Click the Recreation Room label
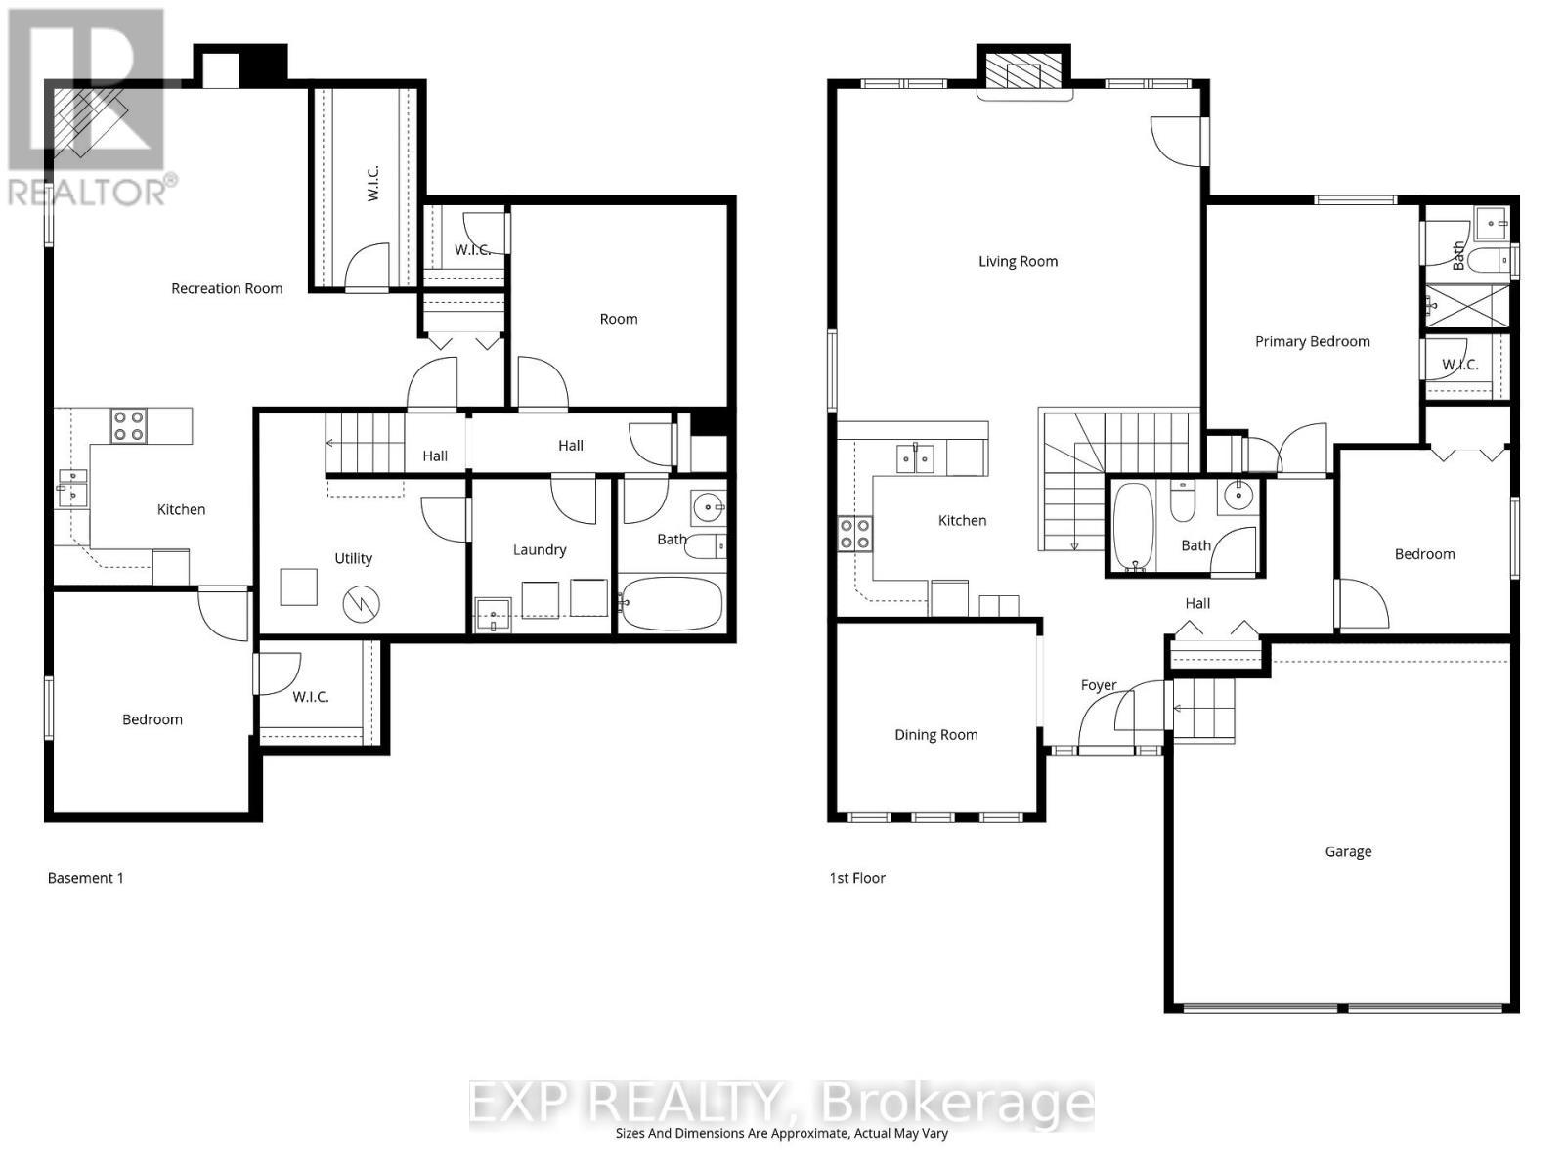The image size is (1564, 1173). [x=227, y=288]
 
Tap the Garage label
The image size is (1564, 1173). [x=1348, y=851]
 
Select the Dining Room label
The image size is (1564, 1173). [x=935, y=735]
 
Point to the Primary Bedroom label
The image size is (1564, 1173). [x=1312, y=341]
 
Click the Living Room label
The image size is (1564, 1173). [x=1018, y=261]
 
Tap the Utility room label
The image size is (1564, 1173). [x=353, y=558]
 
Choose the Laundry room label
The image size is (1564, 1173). [x=540, y=550]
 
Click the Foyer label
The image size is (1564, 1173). [x=1098, y=685]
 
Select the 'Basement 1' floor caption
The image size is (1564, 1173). [x=86, y=878]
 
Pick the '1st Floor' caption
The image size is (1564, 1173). [x=857, y=878]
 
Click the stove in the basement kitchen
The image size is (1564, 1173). [x=129, y=425]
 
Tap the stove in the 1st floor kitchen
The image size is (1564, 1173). [x=854, y=533]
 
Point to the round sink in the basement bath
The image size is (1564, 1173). [x=707, y=506]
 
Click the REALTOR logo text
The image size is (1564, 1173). [x=92, y=192]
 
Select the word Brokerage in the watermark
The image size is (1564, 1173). [x=958, y=1104]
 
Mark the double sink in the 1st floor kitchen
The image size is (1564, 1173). [x=917, y=457]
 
